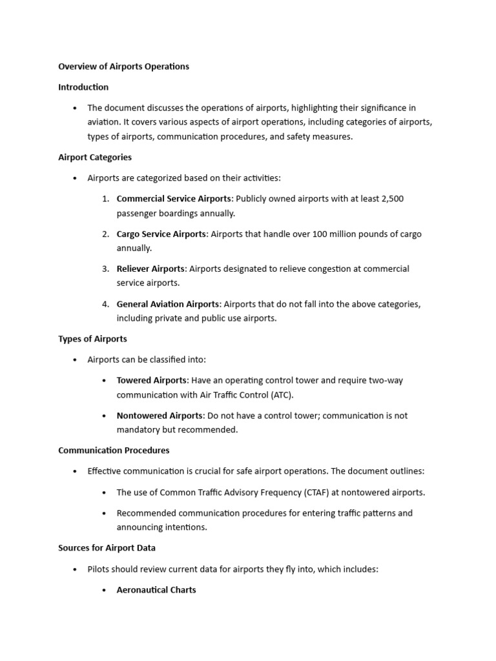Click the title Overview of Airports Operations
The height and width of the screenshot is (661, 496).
pos(123,66)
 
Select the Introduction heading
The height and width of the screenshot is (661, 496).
pos(83,87)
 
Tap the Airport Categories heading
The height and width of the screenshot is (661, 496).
pos(95,157)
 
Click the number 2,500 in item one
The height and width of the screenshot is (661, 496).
pos(391,199)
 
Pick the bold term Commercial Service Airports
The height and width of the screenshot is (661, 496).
pos(173,199)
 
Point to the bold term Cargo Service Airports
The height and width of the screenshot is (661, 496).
pos(161,234)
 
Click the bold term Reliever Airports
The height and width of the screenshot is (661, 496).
pos(150,269)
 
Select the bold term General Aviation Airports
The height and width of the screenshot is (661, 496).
pos(168,304)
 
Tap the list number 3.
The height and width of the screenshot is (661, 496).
pos(105,269)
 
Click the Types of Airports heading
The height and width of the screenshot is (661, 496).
pos(92,339)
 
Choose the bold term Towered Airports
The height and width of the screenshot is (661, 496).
pos(151,381)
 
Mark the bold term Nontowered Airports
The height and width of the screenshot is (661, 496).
pos(159,416)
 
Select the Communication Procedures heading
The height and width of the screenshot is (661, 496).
pos(114,451)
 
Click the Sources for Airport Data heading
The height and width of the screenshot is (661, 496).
pos(107,548)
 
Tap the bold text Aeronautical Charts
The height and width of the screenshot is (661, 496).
pos(156,590)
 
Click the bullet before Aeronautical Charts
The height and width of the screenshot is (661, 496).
pos(105,590)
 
